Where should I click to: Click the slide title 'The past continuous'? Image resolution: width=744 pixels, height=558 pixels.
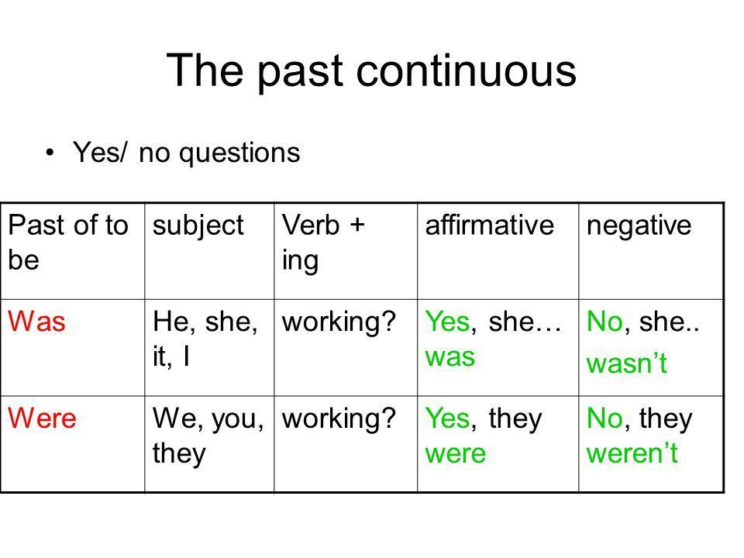[x=371, y=71]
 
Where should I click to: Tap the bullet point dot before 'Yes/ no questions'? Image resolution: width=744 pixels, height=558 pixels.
[x=50, y=153]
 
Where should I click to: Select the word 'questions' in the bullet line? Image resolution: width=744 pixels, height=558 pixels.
[x=239, y=153]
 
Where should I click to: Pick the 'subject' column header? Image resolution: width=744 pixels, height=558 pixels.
[x=198, y=226]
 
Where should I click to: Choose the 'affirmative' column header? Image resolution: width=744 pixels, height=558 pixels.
[x=489, y=225]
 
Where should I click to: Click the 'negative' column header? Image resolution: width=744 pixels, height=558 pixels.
[x=639, y=226]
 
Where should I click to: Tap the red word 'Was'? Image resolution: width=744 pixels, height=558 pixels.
[x=36, y=321]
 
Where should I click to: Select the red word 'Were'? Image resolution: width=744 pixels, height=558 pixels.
[x=42, y=418]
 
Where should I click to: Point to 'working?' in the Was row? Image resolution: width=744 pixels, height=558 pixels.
[x=339, y=322]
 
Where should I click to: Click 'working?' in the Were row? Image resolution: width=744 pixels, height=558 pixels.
[x=339, y=419]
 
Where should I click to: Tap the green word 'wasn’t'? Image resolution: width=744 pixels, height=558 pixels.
[x=627, y=363]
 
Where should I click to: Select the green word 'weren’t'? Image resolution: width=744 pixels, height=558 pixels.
[x=632, y=453]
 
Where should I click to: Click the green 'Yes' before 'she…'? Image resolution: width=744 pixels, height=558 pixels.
[x=447, y=321]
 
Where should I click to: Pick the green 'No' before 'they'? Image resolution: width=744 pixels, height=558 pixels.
[x=604, y=418]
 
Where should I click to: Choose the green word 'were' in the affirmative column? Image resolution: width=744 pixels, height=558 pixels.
[x=456, y=453]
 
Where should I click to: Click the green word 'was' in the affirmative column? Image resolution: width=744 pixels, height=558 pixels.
[x=449, y=356]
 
